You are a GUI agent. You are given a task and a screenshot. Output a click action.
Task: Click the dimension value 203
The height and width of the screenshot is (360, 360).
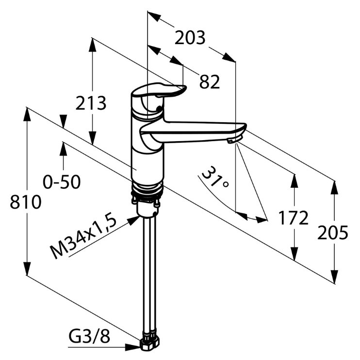tap(190, 38)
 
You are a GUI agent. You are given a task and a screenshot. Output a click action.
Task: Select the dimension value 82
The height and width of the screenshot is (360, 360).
tap(210, 82)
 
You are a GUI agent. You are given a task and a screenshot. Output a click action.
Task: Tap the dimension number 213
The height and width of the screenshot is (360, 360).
tap(91, 103)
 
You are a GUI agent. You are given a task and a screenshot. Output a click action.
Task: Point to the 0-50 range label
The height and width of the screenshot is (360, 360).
tap(62, 182)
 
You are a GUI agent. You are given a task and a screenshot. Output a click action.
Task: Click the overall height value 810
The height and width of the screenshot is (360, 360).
tap(26, 202)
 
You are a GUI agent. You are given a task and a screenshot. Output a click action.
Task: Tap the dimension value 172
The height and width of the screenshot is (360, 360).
tap(293, 218)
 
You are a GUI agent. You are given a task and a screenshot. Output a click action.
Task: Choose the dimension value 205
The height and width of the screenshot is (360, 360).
tap(333, 232)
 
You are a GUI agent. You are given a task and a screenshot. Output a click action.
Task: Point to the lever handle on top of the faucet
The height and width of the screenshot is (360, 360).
tap(159, 90)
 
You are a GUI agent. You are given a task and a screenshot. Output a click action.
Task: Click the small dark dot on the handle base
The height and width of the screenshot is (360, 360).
tap(159, 108)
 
